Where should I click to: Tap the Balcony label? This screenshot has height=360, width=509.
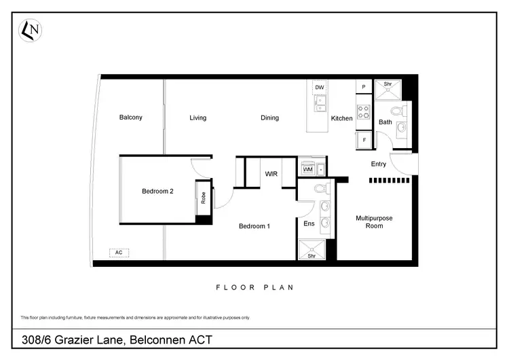[x=131, y=118]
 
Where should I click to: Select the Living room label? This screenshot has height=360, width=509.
[x=197, y=118]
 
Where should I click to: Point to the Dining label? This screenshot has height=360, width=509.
[x=270, y=118]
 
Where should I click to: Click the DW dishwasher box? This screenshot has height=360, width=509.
[x=319, y=88]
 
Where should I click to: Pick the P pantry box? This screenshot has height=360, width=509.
[x=364, y=87]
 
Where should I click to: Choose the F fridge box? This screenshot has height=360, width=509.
[x=364, y=140]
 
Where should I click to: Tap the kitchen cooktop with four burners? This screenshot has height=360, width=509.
[x=364, y=111]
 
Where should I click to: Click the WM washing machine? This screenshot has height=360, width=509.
[x=308, y=169]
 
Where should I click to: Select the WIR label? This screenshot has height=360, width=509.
[x=272, y=175]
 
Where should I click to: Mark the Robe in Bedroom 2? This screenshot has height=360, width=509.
[x=203, y=198]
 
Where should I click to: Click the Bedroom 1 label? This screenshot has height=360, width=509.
[x=254, y=226]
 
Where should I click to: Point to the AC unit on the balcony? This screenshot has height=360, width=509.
[x=119, y=253]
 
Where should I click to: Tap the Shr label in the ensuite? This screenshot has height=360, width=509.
[x=312, y=256]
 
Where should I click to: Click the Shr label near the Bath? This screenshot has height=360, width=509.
[x=388, y=84]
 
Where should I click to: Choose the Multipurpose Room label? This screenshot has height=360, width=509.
[x=375, y=222]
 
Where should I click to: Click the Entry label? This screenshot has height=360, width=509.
[x=379, y=164]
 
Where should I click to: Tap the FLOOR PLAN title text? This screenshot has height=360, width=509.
[x=254, y=287]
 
